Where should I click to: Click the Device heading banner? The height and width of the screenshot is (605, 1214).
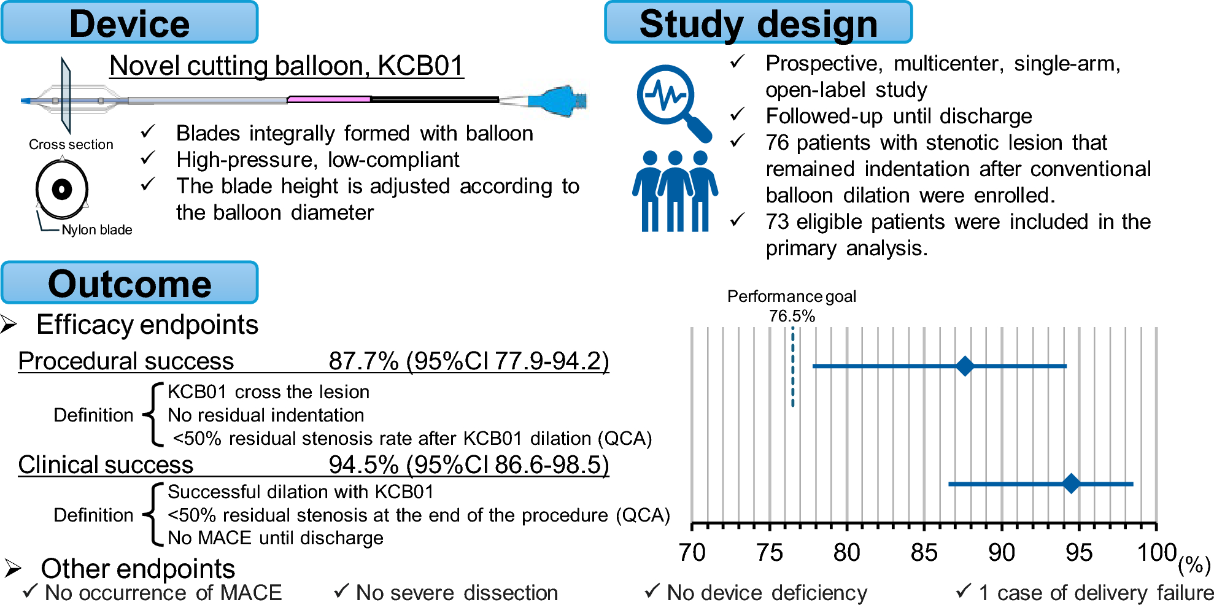130,23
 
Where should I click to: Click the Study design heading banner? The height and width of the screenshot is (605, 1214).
758,23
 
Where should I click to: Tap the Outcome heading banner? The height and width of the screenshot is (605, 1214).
130,283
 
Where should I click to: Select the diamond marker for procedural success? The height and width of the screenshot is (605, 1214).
965,366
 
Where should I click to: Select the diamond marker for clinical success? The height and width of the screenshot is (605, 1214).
1071,484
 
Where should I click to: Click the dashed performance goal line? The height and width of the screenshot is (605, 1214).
792,368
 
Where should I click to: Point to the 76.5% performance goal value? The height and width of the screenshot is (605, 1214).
792,316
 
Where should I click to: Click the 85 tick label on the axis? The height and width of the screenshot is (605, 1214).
924,553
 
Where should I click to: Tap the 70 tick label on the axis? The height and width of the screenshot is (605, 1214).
692,553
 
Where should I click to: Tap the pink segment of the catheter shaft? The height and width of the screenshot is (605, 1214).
329,99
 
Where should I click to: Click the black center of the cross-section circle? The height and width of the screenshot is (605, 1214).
62,189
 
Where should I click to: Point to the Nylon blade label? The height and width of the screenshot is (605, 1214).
97,229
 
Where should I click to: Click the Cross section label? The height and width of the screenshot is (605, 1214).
71,144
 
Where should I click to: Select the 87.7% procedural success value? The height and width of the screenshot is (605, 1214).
363,361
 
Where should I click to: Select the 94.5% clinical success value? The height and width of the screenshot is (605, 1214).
363,464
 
